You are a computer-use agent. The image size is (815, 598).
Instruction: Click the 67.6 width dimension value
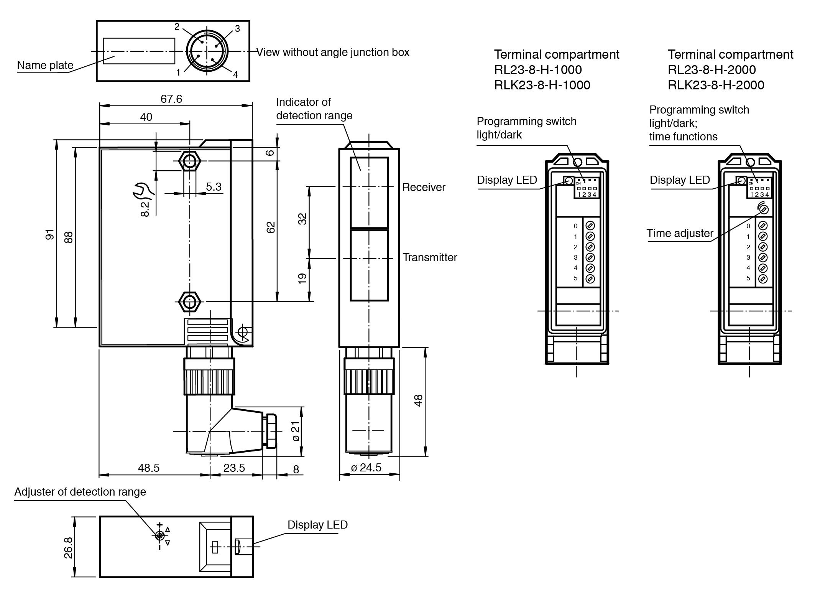(171, 99)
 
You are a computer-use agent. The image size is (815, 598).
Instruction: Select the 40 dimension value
(146, 117)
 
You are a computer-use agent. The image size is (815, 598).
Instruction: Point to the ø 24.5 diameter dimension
(366, 468)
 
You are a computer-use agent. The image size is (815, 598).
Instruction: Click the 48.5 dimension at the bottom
(148, 468)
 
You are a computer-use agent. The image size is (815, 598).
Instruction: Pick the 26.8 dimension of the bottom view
(68, 547)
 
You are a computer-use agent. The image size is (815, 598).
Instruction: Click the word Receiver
(424, 187)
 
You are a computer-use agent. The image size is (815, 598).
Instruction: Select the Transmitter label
(430, 257)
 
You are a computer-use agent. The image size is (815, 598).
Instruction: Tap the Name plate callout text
(45, 65)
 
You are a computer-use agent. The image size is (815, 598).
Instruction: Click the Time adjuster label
(680, 233)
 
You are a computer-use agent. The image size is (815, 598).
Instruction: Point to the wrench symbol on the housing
(143, 191)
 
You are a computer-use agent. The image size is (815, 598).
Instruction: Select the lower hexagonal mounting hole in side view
(189, 301)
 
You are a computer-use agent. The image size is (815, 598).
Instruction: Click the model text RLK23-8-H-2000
(716, 85)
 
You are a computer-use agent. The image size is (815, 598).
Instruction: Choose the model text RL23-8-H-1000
(537, 70)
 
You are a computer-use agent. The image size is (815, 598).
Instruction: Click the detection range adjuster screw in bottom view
(160, 535)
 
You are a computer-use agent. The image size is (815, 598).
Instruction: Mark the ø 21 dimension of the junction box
(296, 431)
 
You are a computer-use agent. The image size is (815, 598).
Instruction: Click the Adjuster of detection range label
(80, 492)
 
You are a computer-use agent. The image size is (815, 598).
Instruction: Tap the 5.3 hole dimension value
(214, 187)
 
